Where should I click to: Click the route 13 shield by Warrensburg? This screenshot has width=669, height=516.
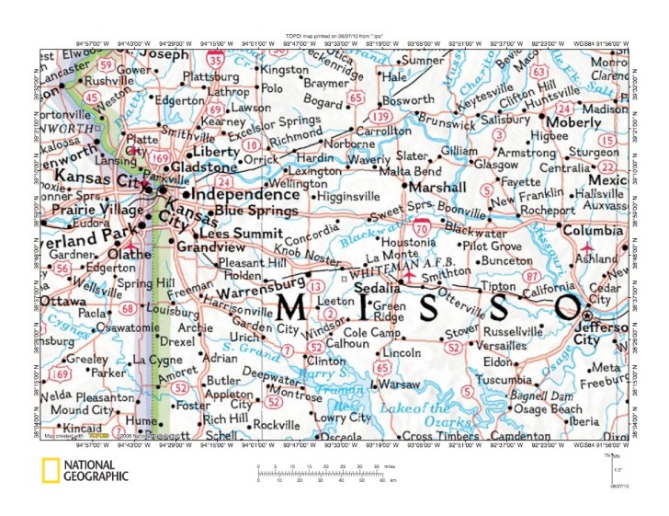click(316, 288)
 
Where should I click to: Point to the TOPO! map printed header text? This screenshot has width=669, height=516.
click(334, 33)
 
